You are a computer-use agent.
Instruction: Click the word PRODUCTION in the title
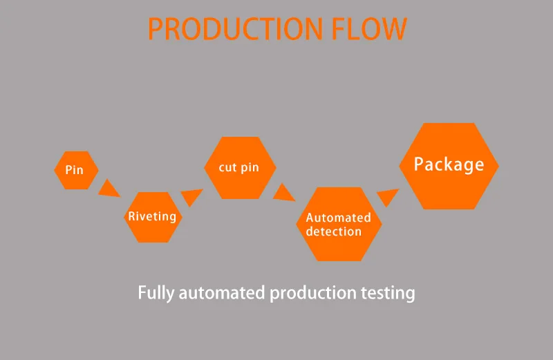point(235,28)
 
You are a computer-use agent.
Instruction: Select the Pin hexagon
point(75,169)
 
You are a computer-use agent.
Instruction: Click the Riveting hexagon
point(152,217)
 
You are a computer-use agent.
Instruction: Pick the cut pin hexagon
point(240,167)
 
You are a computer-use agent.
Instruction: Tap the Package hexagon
point(449,166)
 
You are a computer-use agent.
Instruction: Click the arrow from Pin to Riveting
point(108,188)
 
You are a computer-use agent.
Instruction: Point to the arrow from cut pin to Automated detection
point(283,192)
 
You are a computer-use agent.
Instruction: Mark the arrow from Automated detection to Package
point(387,198)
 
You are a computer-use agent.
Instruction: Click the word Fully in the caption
point(156,292)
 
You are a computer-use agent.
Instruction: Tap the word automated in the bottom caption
point(221,292)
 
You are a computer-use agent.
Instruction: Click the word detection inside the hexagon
point(334,231)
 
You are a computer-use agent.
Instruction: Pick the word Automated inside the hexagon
point(339,218)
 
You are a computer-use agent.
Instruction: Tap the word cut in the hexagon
point(228,168)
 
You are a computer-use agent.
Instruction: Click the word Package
point(449,164)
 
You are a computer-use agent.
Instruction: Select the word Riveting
point(152,216)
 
